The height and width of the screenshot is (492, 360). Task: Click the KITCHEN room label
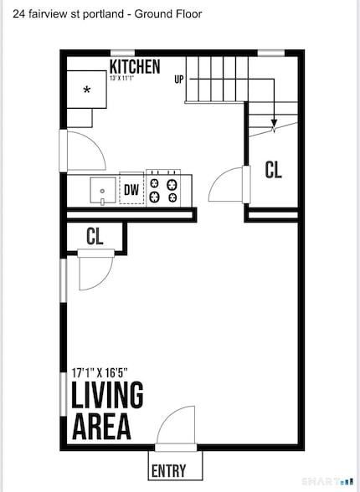point(134,67)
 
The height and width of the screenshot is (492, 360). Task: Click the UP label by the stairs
point(178,79)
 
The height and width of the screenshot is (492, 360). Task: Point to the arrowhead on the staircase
point(274,128)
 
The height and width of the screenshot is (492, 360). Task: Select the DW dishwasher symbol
point(131,190)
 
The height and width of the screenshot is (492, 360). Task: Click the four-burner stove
point(162,189)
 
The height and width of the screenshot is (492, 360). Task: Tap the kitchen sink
point(102,190)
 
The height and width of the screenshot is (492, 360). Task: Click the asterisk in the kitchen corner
point(86,90)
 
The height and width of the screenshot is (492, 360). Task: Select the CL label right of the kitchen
point(273,170)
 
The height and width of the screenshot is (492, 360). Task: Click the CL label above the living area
point(95,237)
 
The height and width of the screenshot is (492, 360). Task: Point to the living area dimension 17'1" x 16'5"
point(111,371)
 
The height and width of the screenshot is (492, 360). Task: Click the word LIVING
point(107,396)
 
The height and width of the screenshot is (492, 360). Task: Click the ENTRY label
point(168,471)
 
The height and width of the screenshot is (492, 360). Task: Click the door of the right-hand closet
point(226,183)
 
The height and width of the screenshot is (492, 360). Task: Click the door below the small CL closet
point(94,272)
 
